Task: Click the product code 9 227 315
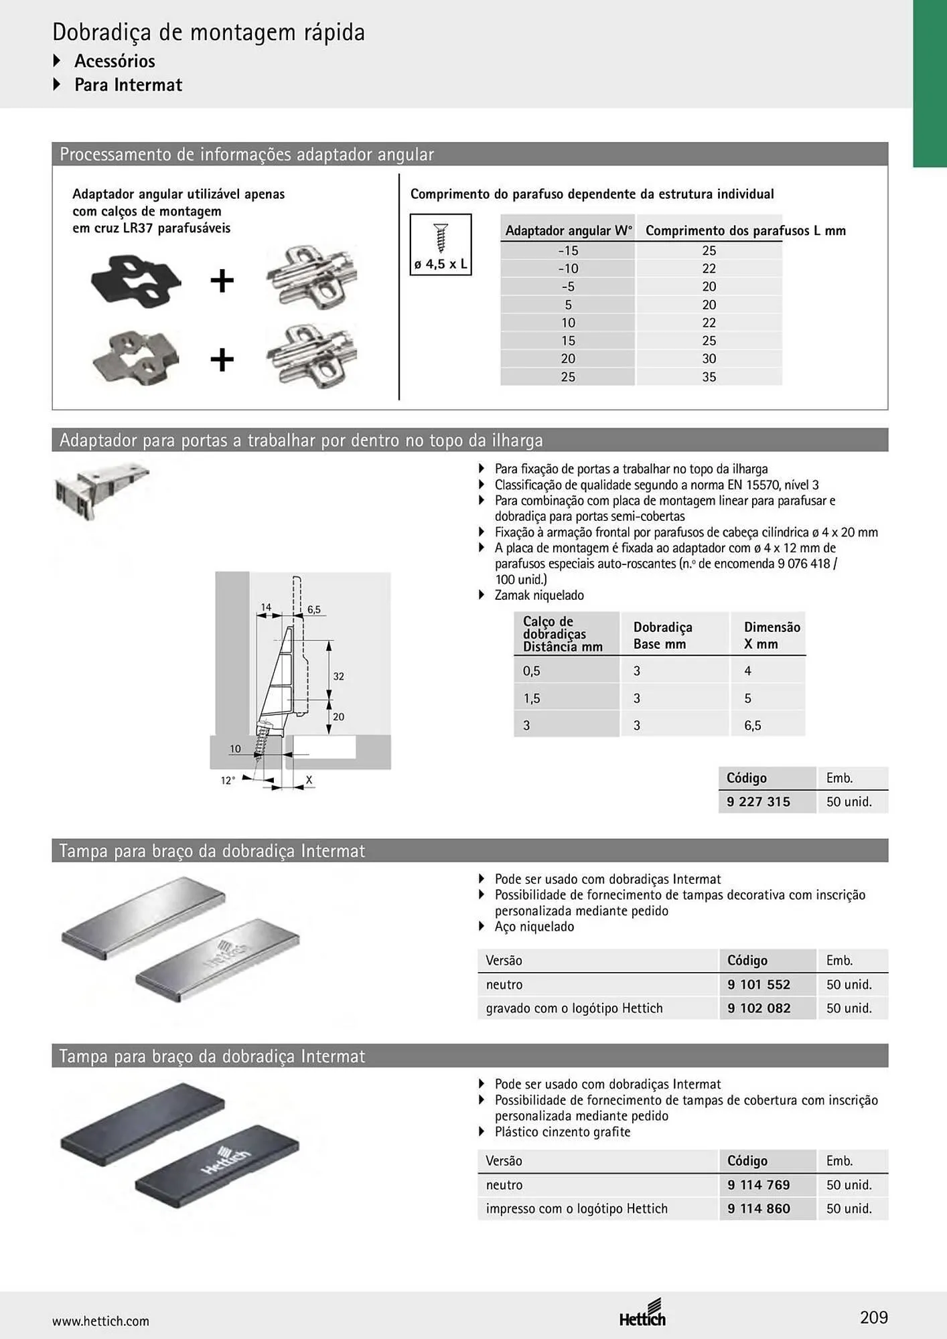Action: (x=758, y=801)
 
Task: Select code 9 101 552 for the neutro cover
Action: (x=759, y=984)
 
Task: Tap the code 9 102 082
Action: (x=759, y=1008)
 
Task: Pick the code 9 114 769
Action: (x=759, y=1184)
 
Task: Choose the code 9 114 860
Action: (x=759, y=1208)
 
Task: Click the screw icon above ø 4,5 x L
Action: (x=441, y=237)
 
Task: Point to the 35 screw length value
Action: (x=709, y=377)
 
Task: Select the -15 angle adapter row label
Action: (x=568, y=250)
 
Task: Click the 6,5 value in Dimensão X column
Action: (x=753, y=725)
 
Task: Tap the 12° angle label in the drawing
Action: (x=228, y=781)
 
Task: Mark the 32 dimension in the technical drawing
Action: (x=339, y=676)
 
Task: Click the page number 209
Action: (x=874, y=1317)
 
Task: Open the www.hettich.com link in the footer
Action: (x=100, y=1321)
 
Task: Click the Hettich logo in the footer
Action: (x=643, y=1313)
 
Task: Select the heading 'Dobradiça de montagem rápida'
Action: (x=208, y=32)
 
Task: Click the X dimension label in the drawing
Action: (x=309, y=779)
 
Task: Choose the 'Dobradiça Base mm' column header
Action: (x=663, y=635)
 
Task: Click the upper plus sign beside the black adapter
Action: (x=222, y=280)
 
